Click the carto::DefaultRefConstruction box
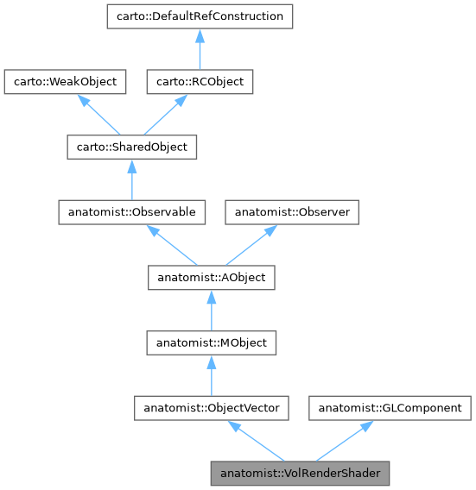[199, 16]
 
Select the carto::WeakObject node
[66, 82]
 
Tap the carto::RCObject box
[199, 82]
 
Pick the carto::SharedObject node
[131, 147]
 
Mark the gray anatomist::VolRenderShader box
[301, 474]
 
